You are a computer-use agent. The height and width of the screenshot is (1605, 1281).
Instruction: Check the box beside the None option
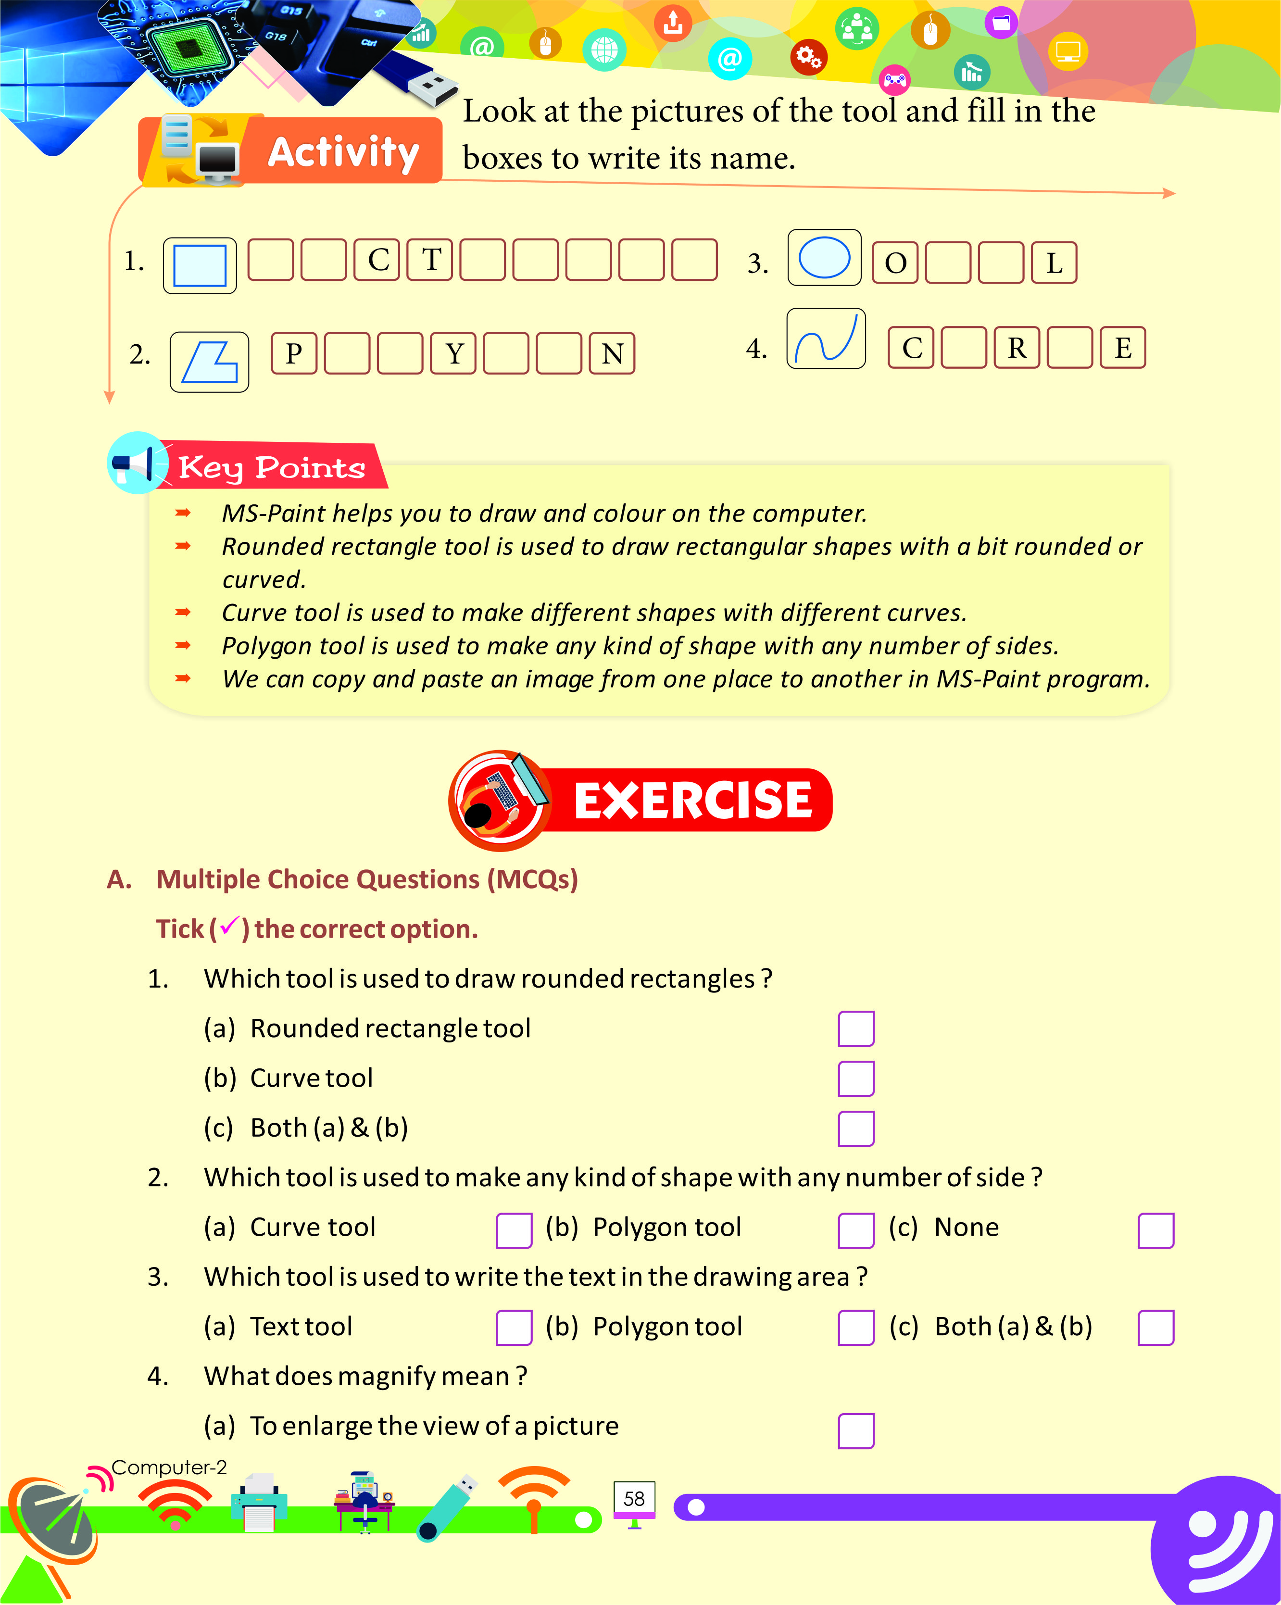click(x=1155, y=1230)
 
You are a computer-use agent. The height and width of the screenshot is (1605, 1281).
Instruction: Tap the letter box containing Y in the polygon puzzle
click(x=453, y=353)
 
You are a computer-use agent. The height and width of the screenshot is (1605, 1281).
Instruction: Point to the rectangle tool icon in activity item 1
click(x=200, y=265)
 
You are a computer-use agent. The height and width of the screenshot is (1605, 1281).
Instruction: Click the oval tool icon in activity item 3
click(x=824, y=258)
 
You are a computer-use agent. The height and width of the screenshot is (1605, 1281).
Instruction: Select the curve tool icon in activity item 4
click(x=826, y=339)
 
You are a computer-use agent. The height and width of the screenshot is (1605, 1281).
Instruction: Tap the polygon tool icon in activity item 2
click(x=209, y=362)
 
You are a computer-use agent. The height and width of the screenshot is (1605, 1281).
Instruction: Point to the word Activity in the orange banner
click(x=343, y=152)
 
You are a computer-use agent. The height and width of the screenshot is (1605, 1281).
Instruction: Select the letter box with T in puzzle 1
click(x=430, y=260)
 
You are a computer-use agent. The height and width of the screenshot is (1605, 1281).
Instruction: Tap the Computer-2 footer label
click(x=169, y=1467)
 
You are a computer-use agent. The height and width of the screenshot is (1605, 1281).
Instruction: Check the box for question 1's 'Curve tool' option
click(x=855, y=1078)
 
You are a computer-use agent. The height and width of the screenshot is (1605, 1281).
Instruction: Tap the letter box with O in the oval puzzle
click(x=895, y=263)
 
